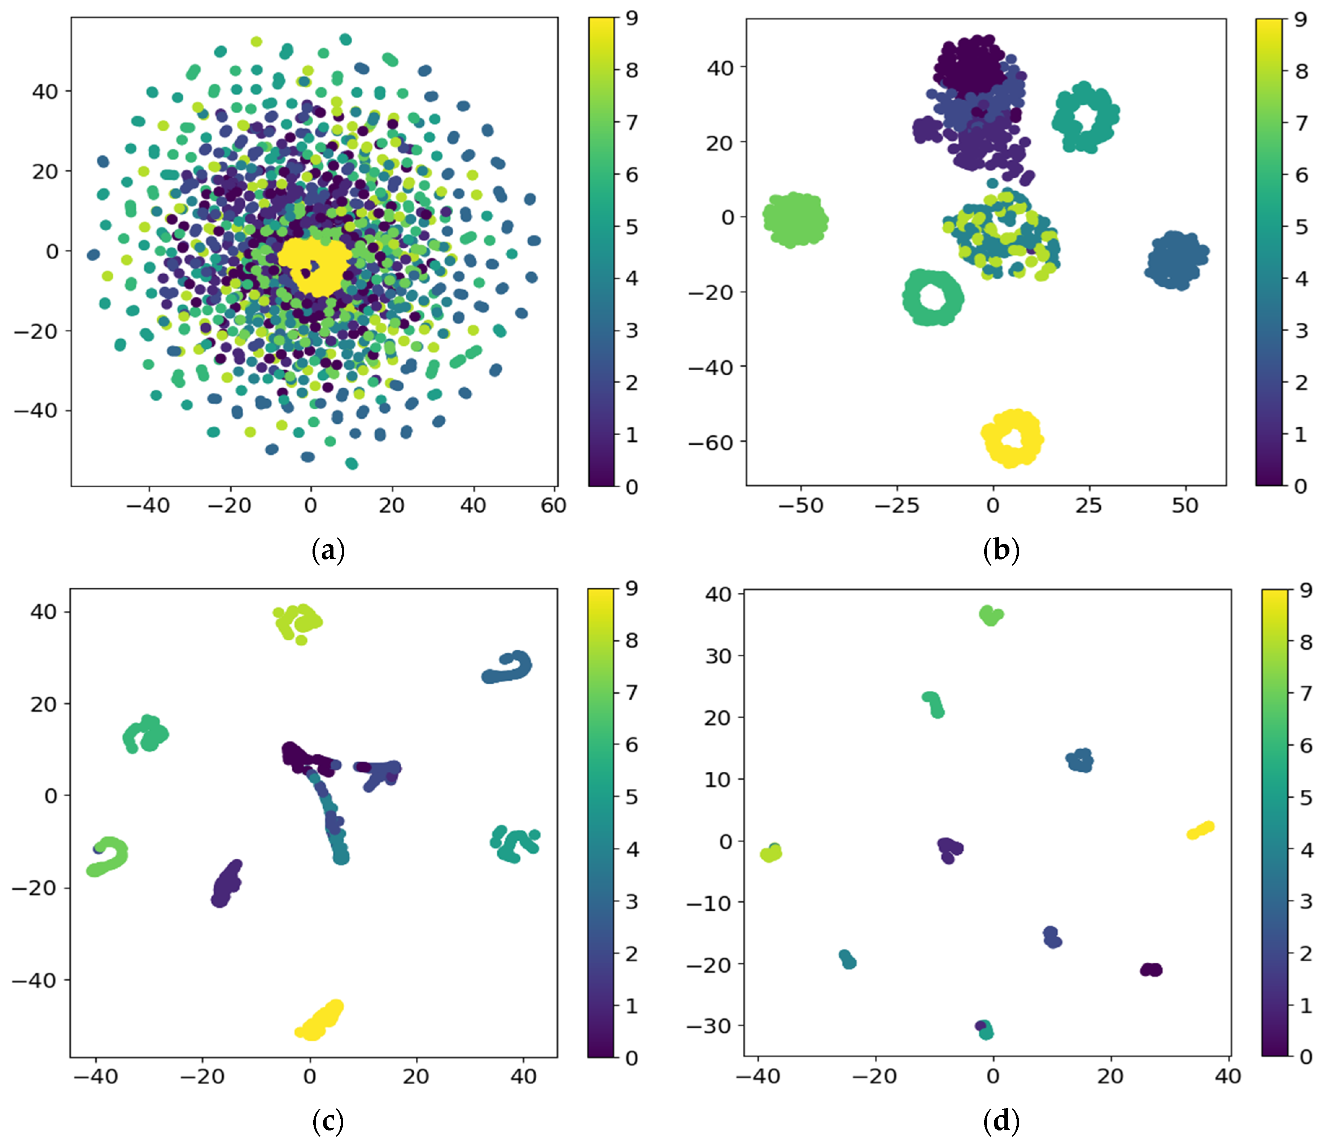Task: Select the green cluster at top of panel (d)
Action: tap(990, 615)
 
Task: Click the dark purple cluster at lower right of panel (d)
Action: tap(1151, 970)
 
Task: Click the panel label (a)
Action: tap(328, 551)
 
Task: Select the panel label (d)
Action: tap(1000, 1121)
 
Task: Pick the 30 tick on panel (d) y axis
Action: tap(717, 656)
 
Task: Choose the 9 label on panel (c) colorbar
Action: tap(632, 588)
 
